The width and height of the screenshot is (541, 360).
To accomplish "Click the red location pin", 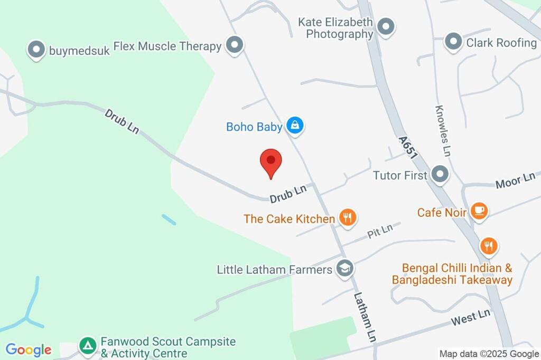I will pyautogui.click(x=271, y=162).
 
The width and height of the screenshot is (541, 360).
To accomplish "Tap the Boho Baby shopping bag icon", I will pyautogui.click(x=295, y=126).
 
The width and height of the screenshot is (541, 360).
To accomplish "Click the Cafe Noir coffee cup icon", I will pyautogui.click(x=479, y=211).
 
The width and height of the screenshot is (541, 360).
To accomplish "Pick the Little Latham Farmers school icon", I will pyautogui.click(x=344, y=269).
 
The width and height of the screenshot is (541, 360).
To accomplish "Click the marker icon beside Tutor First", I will pyautogui.click(x=439, y=174).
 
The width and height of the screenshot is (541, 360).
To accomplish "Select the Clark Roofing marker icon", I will pyautogui.click(x=453, y=42).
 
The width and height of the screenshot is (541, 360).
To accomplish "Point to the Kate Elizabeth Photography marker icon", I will pyautogui.click(x=386, y=27).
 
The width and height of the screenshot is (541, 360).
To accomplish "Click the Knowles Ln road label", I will pyautogui.click(x=443, y=130).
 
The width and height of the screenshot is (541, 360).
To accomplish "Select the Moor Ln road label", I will pyautogui.click(x=515, y=181).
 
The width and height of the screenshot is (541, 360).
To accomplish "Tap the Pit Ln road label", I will pyautogui.click(x=380, y=230).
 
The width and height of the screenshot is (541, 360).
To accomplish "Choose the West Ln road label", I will pyautogui.click(x=471, y=317).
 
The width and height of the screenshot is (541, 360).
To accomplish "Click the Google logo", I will pyautogui.click(x=29, y=349).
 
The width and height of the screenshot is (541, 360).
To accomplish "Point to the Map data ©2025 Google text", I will pyautogui.click(x=489, y=354).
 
